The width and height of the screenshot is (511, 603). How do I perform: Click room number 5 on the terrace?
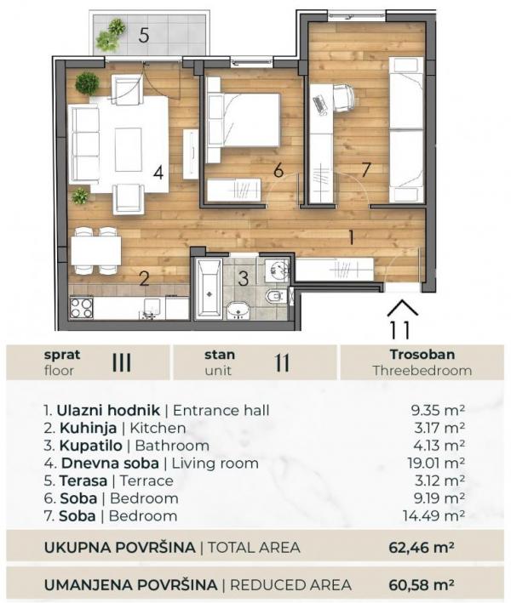tap(144, 36)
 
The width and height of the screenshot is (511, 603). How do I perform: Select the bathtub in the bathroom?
tap(207, 289)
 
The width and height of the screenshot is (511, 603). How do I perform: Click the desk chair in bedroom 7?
tap(343, 98)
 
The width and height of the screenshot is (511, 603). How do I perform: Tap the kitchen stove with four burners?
tap(82, 307)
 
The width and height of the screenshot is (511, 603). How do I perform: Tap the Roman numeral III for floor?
tap(122, 361)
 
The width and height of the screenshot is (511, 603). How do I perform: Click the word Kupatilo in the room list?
tap(91, 445)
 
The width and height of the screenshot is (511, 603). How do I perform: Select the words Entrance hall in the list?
tap(225, 410)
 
